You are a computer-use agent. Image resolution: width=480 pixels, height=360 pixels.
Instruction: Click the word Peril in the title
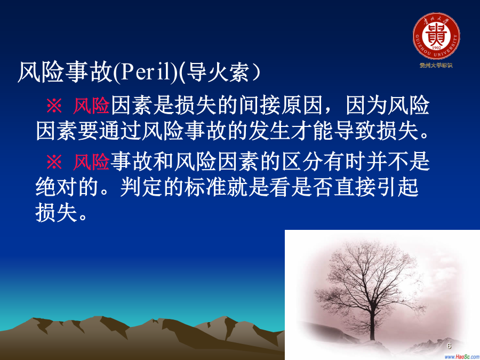(x=146, y=72)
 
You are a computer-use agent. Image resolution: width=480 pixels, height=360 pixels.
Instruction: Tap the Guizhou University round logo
(x=436, y=36)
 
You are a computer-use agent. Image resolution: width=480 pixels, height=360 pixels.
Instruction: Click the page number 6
(x=449, y=346)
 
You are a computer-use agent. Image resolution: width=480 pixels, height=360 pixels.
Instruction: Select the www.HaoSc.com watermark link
(x=462, y=357)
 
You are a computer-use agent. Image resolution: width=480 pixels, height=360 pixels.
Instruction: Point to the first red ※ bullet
(x=54, y=106)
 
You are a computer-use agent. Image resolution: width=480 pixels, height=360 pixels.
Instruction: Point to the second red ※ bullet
(x=54, y=162)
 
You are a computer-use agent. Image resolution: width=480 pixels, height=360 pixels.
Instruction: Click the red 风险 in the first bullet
(x=91, y=106)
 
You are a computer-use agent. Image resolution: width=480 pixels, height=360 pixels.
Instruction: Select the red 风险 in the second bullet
(x=91, y=162)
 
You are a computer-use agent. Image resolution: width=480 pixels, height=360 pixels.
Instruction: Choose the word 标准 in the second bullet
(x=205, y=187)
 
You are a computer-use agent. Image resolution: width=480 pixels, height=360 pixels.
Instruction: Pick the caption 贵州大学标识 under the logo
(x=436, y=65)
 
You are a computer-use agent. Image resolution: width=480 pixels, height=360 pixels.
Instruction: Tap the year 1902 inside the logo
(x=436, y=47)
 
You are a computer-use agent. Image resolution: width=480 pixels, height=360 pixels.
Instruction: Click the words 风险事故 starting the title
(x=65, y=72)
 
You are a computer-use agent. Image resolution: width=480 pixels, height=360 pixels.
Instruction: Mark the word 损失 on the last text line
(x=57, y=212)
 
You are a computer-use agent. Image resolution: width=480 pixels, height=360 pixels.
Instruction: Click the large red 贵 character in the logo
(x=436, y=34)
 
